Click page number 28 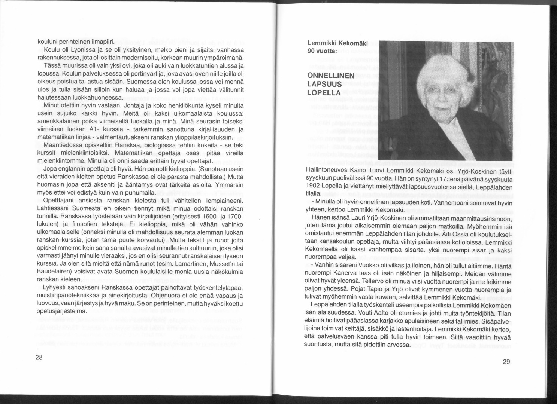coord(39,357)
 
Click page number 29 coord(506,361)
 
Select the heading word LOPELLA coord(324,93)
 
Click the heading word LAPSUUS coord(324,84)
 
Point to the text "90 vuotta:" coord(323,51)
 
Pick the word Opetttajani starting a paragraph coord(58,201)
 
